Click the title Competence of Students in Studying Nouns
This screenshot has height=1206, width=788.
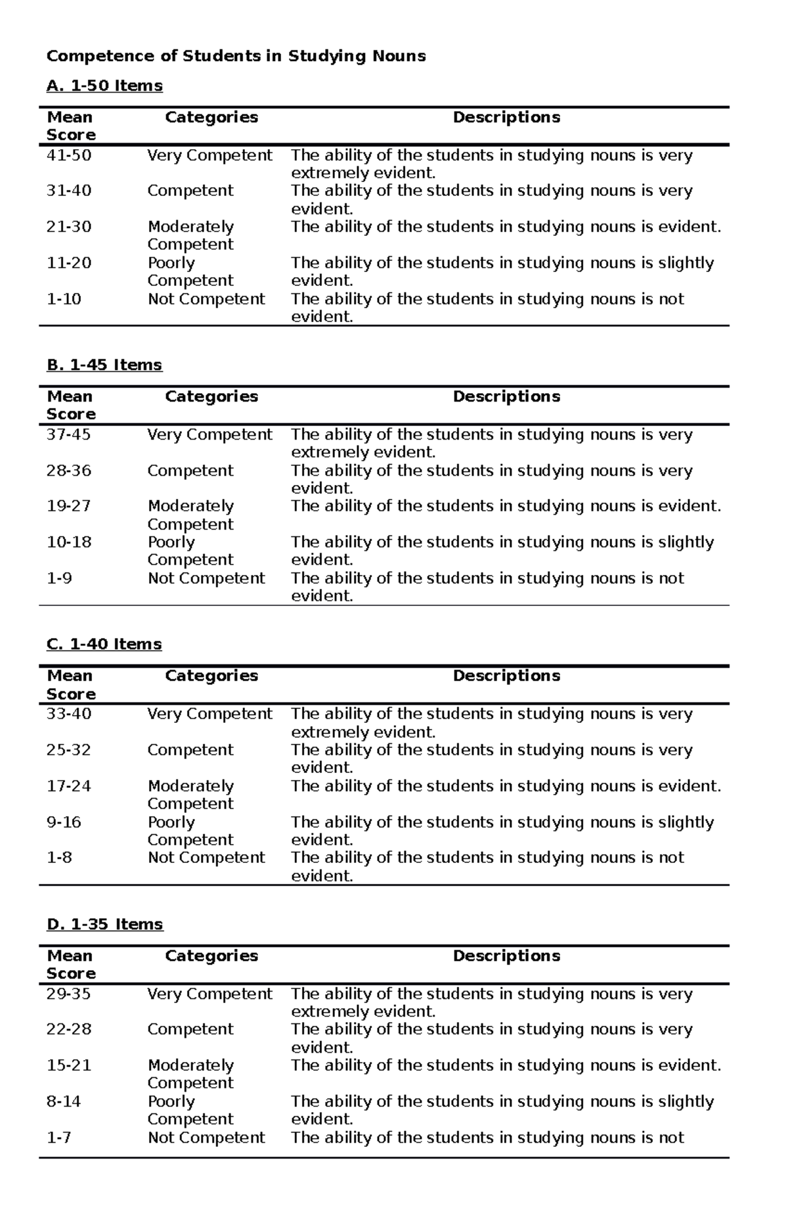(236, 56)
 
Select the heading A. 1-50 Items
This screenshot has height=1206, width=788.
(104, 86)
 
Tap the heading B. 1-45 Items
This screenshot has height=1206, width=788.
(104, 365)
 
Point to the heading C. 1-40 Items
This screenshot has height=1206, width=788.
(104, 644)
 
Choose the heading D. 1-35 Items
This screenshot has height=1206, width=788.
(104, 924)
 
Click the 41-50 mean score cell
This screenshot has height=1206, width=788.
(69, 156)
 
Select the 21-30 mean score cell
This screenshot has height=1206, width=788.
(69, 227)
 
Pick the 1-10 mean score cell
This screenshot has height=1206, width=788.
(64, 299)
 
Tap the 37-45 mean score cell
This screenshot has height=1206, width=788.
(68, 434)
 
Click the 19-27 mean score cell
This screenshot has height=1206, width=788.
(68, 506)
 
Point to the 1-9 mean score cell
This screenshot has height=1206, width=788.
(59, 578)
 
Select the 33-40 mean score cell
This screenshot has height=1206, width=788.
(69, 714)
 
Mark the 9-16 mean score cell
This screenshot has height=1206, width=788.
(64, 822)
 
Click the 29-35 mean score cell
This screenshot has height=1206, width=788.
(68, 994)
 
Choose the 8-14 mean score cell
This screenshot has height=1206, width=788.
(64, 1102)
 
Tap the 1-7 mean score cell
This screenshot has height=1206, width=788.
(59, 1138)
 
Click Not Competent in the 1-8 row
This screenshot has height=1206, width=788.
(206, 858)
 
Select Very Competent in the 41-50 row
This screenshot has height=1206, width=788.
(209, 156)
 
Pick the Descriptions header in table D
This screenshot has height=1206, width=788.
(506, 956)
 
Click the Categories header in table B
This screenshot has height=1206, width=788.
(211, 396)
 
